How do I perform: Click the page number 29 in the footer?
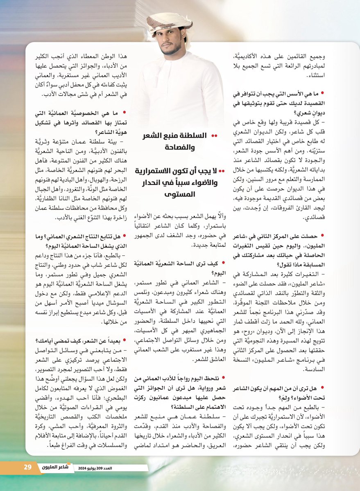pyautogui.click(x=27, y=467)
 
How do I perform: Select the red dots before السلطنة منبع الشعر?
pyautogui.click(x=215, y=135)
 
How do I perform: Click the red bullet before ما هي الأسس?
pyautogui.click(x=323, y=94)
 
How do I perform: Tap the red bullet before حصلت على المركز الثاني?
pyautogui.click(x=323, y=236)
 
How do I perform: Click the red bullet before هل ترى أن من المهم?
pyautogui.click(x=323, y=386)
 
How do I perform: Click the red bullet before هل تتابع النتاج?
pyautogui.click(x=123, y=236)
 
